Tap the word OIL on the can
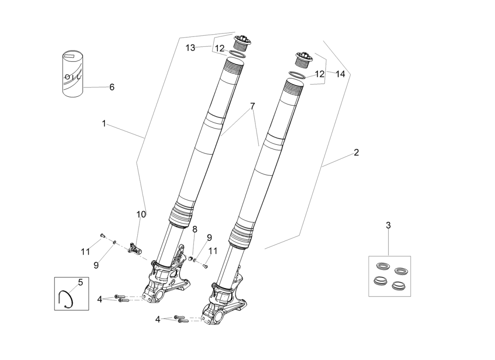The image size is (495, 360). tap(73, 77)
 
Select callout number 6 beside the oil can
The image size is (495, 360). tap(112, 87)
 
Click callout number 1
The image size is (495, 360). tap(104, 123)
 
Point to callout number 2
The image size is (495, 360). tap(356, 153)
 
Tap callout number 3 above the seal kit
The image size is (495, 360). tap(388, 225)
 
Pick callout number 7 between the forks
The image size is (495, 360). tap(252, 106)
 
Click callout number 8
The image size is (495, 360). tap(195, 229)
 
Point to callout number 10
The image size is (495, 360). tap(141, 214)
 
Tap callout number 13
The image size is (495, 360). tap(190, 48)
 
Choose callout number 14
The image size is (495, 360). tap(340, 74)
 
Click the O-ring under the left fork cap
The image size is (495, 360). tap(237, 54)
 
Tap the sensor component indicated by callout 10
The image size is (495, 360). tap(134, 247)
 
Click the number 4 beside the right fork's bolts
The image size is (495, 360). tap(157, 319)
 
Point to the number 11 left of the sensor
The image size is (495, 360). tap(85, 252)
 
